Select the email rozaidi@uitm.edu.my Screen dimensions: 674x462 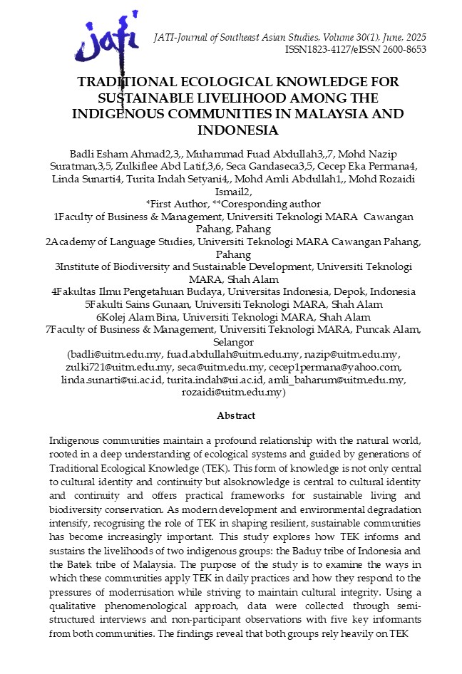(x=232, y=393)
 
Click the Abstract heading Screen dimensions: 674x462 (x=236, y=415)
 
